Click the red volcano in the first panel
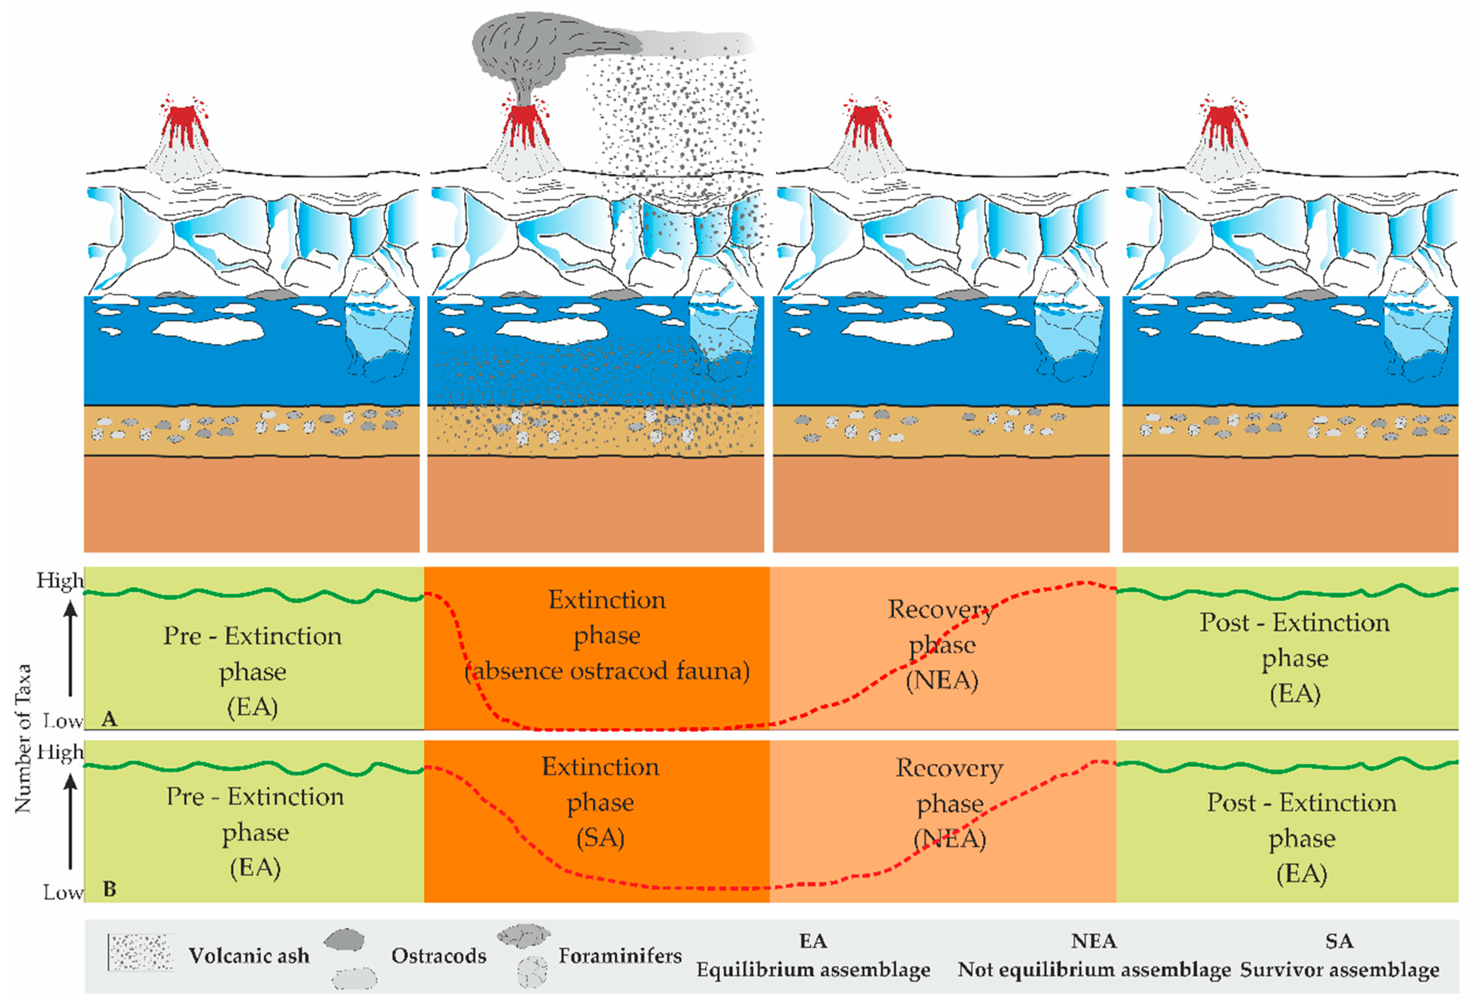pos(184,127)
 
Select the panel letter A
pos(109,719)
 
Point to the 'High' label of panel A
pos(60,580)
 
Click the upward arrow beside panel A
pos(70,647)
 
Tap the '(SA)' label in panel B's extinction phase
pos(600,838)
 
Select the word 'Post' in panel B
pos(1231,803)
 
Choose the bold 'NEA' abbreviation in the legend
pos(1094,940)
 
